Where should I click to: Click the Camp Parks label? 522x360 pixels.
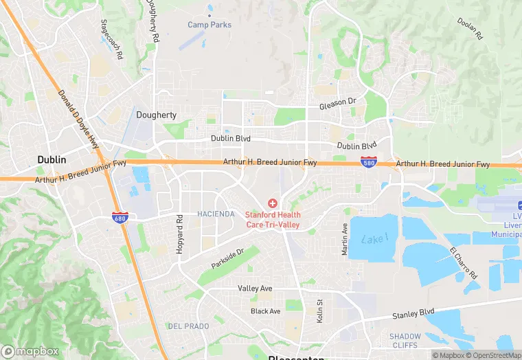(x=209, y=25)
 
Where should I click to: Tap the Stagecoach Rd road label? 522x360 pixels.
(x=111, y=39)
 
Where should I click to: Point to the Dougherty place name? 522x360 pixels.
(x=157, y=115)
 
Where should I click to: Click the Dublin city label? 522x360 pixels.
(x=52, y=159)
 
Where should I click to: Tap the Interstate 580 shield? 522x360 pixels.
(x=368, y=162)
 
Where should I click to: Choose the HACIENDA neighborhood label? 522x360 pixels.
(x=216, y=214)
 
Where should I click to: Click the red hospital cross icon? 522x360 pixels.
(x=273, y=203)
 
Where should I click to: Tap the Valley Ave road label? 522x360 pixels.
(x=255, y=289)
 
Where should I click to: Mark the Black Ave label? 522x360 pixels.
(x=265, y=311)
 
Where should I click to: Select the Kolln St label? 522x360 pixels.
(x=319, y=311)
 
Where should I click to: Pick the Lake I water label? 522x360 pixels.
(x=374, y=238)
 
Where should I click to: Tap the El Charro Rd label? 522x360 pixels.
(x=464, y=262)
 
